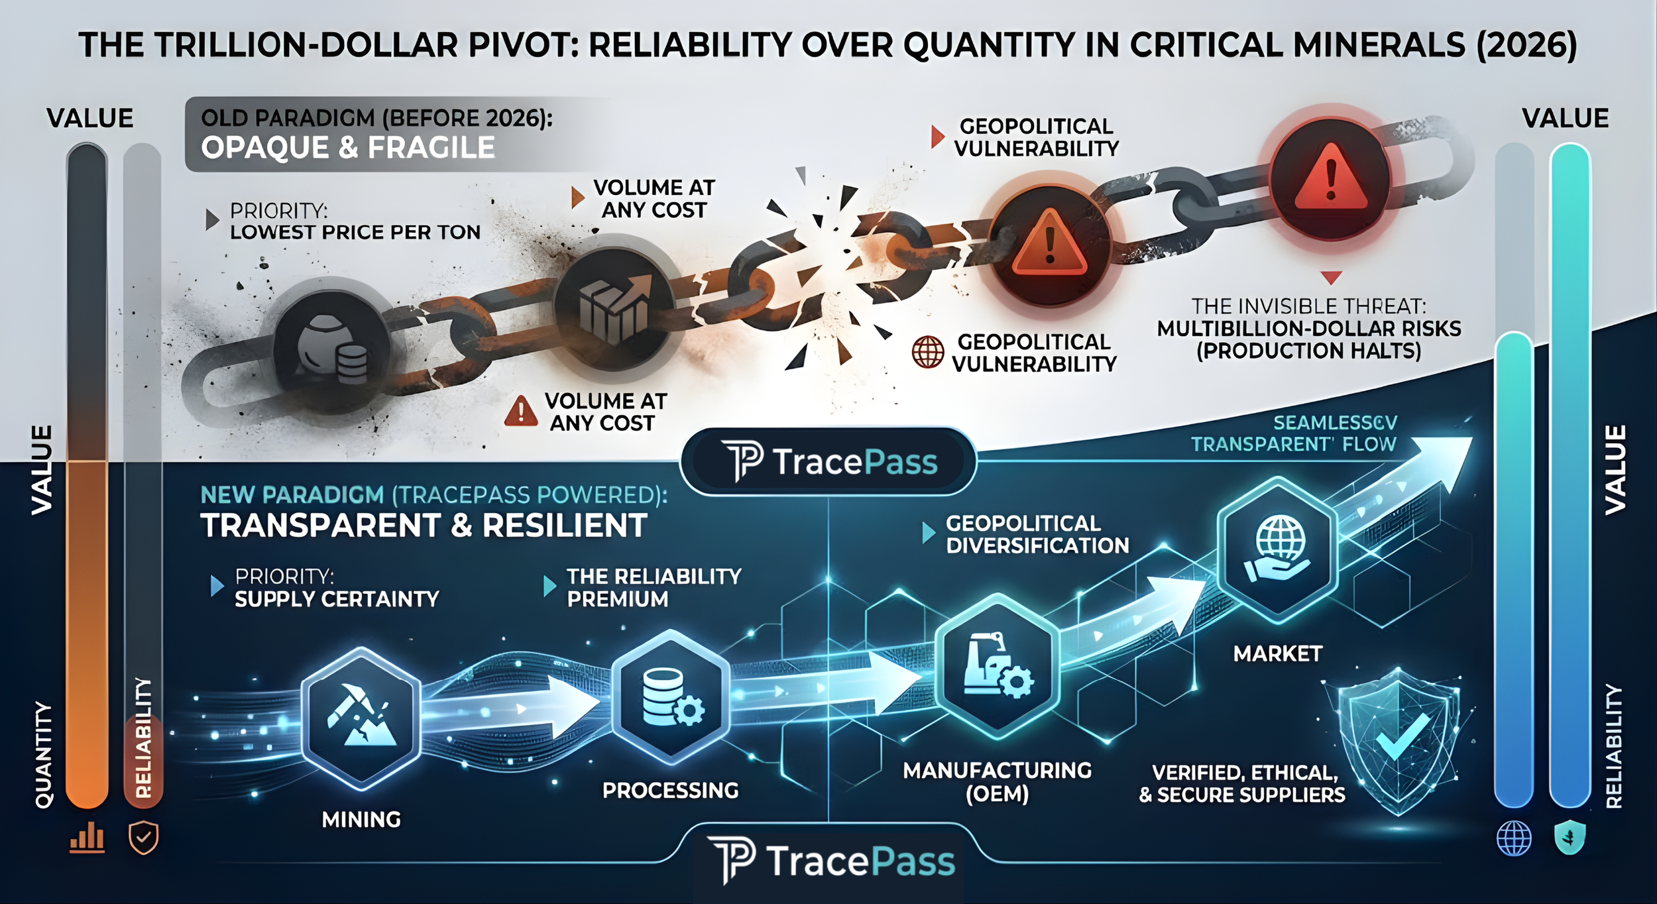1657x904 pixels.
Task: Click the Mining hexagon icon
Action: [361, 719]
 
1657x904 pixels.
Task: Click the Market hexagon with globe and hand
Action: [1277, 550]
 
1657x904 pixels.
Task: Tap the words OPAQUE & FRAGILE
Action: [348, 147]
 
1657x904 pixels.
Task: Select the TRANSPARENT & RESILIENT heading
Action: [424, 526]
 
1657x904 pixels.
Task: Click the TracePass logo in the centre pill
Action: [828, 461]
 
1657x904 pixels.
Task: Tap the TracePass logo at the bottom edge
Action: [831, 861]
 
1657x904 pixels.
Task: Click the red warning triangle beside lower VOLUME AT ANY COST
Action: [521, 411]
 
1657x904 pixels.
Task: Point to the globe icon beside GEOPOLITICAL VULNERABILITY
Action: [928, 352]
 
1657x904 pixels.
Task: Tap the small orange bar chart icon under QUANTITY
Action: [87, 839]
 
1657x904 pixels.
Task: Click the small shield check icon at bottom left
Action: [143, 839]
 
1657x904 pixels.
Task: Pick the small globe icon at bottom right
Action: [1514, 838]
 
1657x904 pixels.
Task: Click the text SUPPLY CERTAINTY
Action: [337, 599]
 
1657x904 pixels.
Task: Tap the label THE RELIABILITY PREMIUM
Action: [654, 588]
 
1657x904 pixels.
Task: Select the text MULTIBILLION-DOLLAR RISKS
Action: [1309, 329]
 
